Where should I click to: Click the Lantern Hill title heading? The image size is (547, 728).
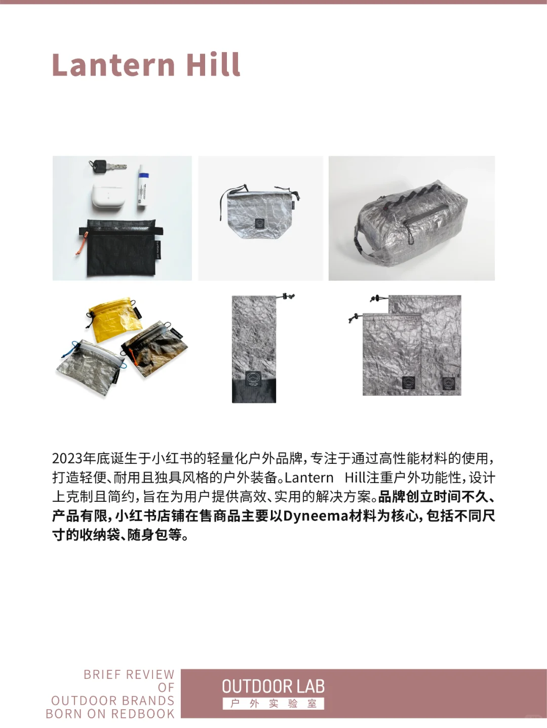pos(146,65)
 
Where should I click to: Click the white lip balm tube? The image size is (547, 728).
pos(143,189)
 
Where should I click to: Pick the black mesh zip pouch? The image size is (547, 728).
pos(119,248)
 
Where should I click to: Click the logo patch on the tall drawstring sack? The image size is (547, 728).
pos(254,379)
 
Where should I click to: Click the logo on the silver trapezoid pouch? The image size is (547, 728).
pos(259,224)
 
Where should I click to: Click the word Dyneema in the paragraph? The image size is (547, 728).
pos(316,516)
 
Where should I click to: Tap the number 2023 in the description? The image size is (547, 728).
pos(67,458)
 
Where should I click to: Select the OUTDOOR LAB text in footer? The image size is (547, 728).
pos(273,687)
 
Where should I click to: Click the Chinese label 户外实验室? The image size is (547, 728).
pos(273,704)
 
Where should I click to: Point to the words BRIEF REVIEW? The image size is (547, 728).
pos(129,674)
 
